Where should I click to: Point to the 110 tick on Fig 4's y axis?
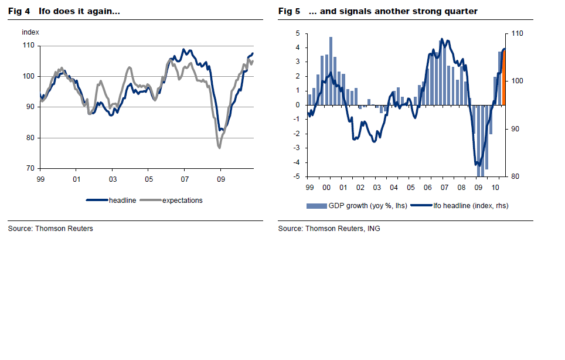(28, 46)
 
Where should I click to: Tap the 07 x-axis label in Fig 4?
(185, 178)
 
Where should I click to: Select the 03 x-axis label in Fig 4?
(113, 178)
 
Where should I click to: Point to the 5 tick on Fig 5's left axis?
(298, 33)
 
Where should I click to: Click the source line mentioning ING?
(329, 229)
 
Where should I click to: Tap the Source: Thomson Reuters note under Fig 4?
(50, 229)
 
